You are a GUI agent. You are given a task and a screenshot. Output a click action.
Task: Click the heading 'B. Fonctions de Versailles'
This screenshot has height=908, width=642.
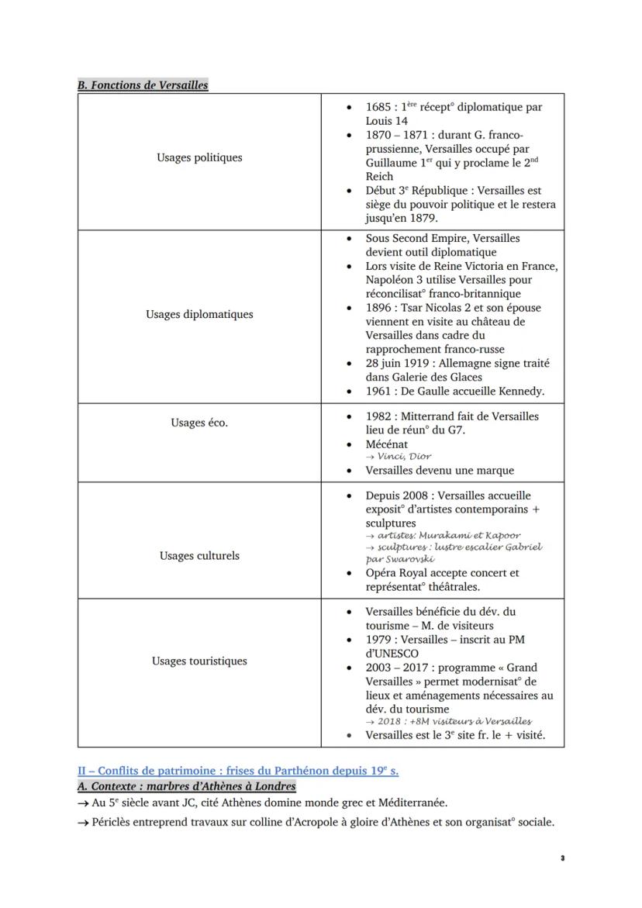pos(143,85)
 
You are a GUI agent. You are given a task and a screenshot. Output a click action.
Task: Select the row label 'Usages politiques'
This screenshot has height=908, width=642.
pos(199,157)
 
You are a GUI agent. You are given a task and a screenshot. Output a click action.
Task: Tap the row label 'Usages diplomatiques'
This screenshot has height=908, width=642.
pos(199,314)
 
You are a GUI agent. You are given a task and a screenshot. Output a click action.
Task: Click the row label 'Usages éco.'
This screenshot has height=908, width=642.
pos(199,423)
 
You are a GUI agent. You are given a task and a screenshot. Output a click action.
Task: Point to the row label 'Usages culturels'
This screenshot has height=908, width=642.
pos(199,555)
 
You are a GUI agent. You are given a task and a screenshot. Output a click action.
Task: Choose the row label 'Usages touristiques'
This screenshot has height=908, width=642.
pos(199,661)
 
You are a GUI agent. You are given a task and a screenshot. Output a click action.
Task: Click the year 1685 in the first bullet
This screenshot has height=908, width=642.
pos(378,107)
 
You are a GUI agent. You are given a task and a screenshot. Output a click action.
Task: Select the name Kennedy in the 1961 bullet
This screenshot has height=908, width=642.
pos(519,391)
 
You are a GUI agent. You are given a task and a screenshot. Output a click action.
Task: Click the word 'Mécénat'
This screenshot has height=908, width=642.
pos(387,444)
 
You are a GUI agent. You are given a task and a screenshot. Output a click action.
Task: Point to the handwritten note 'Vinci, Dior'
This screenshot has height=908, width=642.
pos(404,457)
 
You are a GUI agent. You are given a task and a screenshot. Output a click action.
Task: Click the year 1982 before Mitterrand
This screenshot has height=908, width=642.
pos(378,416)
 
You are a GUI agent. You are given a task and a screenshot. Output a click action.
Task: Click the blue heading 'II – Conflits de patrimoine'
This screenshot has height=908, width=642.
pos(237,771)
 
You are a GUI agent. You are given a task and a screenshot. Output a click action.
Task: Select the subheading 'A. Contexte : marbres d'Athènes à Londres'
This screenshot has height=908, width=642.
pos(186,786)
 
